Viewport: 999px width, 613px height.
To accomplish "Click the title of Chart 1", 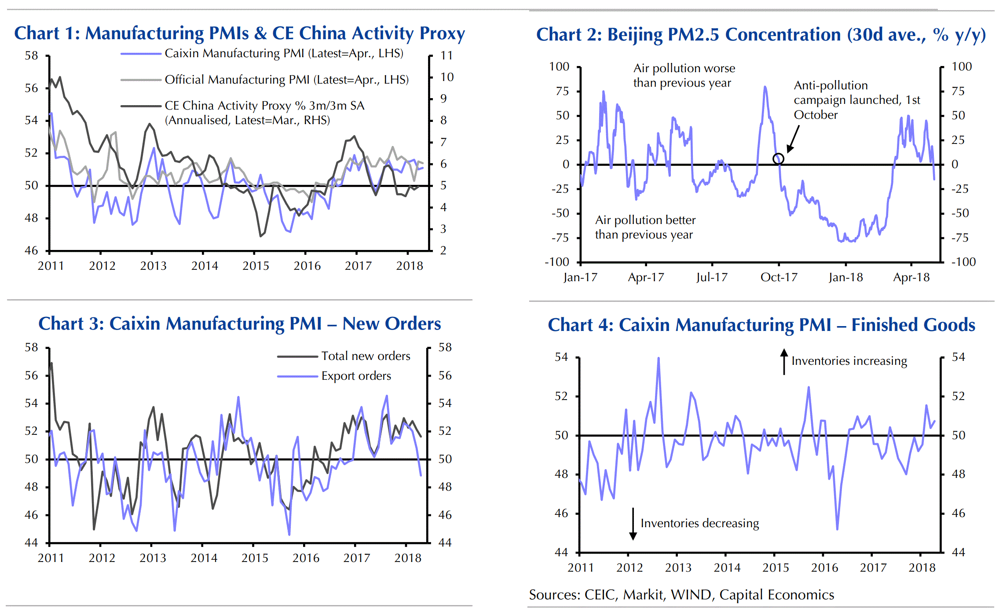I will click(239, 33).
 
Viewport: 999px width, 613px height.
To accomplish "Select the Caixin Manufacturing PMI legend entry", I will click(284, 54).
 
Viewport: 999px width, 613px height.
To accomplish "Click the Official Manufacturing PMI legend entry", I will click(286, 80).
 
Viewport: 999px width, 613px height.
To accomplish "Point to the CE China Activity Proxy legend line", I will click(141, 106).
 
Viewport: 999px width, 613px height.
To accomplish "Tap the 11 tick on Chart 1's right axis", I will click(446, 56).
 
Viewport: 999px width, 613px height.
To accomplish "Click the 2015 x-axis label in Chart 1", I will click(256, 266).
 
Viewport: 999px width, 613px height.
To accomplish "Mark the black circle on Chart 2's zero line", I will click(778, 159).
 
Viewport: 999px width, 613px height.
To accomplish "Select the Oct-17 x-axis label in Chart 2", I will click(779, 278).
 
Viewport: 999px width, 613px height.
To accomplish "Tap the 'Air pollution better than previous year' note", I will click(645, 228).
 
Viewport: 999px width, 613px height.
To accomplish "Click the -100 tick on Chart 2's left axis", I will click(557, 262).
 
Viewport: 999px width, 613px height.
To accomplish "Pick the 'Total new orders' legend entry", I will click(366, 356).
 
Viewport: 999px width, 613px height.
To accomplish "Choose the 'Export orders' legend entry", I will click(356, 376).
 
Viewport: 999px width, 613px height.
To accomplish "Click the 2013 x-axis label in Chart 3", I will click(153, 558).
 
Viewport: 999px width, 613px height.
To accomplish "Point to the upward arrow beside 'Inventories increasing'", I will click(784, 361).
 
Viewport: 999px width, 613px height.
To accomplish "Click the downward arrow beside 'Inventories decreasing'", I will click(633, 524).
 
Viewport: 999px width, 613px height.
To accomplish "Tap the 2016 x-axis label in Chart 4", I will click(824, 568).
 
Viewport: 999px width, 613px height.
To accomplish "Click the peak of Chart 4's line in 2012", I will click(659, 358).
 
